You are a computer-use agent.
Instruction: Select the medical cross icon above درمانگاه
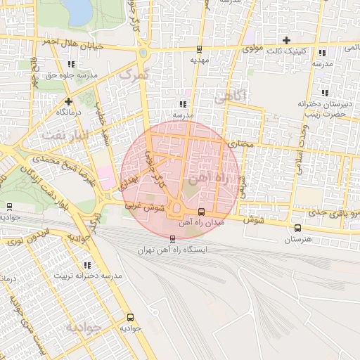click(67, 101)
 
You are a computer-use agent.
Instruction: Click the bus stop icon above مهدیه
click(200, 49)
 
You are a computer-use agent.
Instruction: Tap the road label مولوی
click(251, 49)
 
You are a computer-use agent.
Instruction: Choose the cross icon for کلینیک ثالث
click(286, 40)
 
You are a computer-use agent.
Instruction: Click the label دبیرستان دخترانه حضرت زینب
click(323, 108)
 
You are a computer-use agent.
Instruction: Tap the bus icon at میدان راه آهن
click(202, 212)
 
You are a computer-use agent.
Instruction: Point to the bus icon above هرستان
click(297, 228)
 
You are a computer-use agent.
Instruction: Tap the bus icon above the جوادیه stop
click(129, 317)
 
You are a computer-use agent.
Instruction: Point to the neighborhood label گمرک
click(134, 74)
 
